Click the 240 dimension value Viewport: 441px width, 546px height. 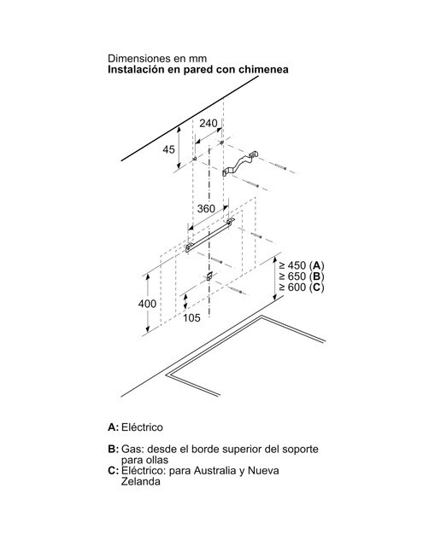pyautogui.click(x=209, y=123)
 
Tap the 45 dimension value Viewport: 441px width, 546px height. pyautogui.click(x=169, y=149)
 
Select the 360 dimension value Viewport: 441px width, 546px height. pyautogui.click(x=206, y=208)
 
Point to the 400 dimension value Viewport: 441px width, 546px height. pyautogui.click(x=147, y=304)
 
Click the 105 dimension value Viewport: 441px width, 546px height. pyautogui.click(x=191, y=317)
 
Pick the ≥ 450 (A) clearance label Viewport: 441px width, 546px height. pyautogui.click(x=302, y=265)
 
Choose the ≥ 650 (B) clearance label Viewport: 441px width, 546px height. pyautogui.click(x=302, y=276)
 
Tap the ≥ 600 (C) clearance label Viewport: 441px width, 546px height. pyautogui.click(x=302, y=288)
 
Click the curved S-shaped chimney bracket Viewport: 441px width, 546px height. pyautogui.click(x=240, y=163)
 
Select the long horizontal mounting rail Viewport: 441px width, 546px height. pyautogui.click(x=210, y=235)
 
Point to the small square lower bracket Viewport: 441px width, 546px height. pyautogui.click(x=209, y=276)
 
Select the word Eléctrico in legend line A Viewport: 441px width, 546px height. pyautogui.click(x=142, y=427)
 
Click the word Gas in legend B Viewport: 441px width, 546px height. pyautogui.click(x=131, y=449)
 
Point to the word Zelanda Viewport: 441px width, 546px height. pyautogui.click(x=141, y=481)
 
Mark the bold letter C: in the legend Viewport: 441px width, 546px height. pyautogui.click(x=114, y=471)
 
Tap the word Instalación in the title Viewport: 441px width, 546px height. pyautogui.click(x=135, y=69)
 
